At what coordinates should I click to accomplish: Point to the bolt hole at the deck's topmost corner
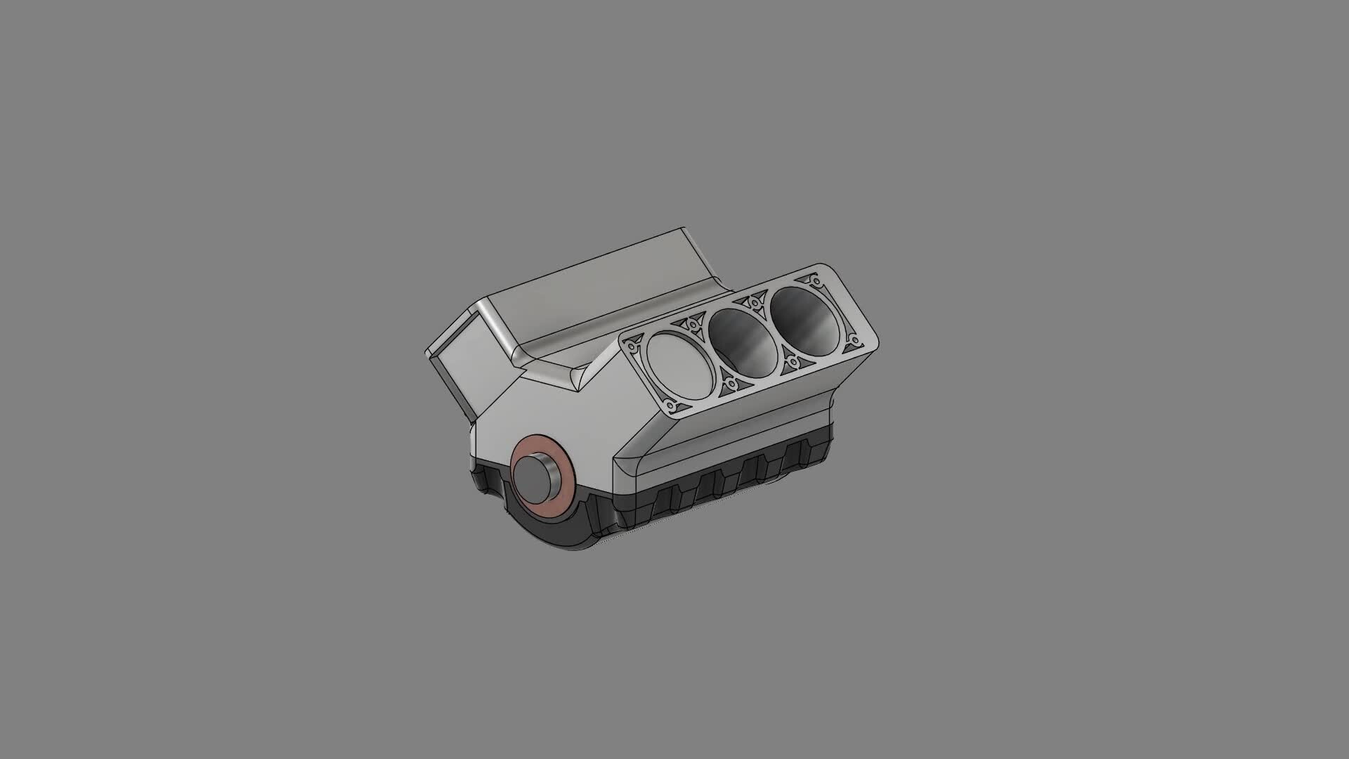pyautogui.click(x=816, y=281)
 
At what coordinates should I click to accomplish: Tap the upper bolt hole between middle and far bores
pyautogui.click(x=755, y=302)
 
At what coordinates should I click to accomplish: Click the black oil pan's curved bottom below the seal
pyautogui.click(x=562, y=534)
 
